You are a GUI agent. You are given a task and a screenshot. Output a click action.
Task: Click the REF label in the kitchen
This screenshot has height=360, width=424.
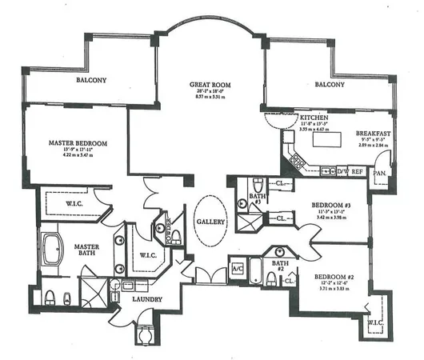[358, 171]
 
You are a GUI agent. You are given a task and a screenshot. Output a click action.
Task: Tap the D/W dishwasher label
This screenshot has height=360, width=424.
[341, 171]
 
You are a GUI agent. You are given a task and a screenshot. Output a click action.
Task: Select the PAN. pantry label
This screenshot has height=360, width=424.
[379, 171]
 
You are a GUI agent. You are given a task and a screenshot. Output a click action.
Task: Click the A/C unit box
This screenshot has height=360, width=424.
[237, 270]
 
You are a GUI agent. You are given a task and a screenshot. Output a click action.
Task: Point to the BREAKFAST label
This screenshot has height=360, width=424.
[374, 134]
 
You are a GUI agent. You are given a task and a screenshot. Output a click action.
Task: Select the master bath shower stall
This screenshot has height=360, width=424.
[94, 293]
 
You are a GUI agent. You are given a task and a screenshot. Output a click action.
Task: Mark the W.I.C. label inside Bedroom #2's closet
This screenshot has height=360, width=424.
[375, 324]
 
